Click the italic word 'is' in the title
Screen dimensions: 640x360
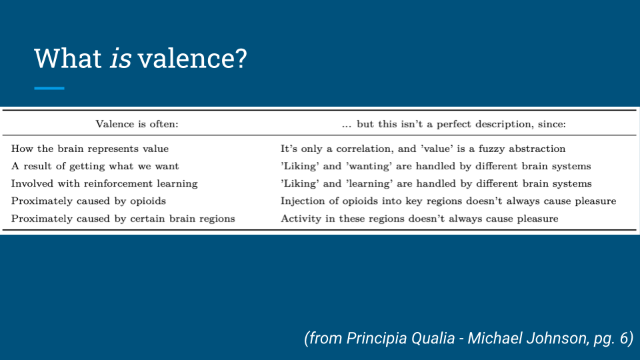coord(121,59)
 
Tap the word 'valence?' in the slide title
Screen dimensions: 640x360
coord(192,59)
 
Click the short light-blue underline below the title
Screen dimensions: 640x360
coord(49,88)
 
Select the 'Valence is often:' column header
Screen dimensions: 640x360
coord(137,124)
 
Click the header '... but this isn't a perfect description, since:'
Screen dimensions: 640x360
coord(454,124)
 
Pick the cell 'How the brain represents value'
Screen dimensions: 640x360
coord(90,149)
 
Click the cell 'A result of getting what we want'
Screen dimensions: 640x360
coord(95,166)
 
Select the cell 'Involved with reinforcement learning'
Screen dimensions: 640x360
coord(105,184)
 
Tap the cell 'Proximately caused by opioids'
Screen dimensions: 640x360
coord(89,201)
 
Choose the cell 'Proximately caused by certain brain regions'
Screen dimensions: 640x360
coord(123,219)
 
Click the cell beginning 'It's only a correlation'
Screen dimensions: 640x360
coord(423,149)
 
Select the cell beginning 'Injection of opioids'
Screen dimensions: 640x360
coord(448,201)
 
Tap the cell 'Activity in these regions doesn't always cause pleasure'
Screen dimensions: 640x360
coord(419,219)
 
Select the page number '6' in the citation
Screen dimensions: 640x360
coord(624,339)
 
